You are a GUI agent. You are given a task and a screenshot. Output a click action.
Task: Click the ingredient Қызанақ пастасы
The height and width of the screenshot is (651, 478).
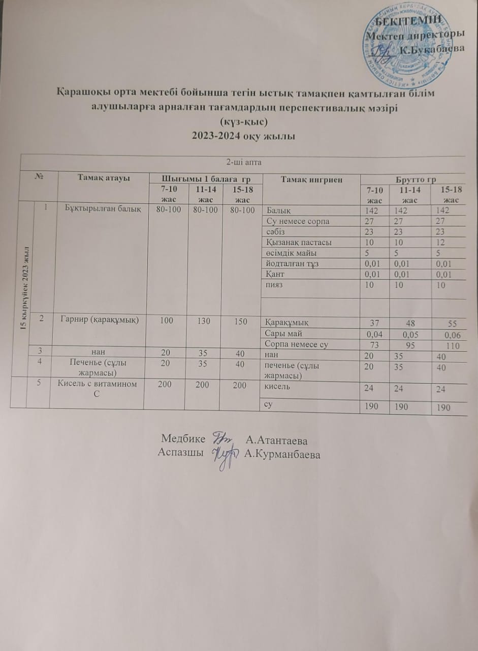(299, 242)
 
